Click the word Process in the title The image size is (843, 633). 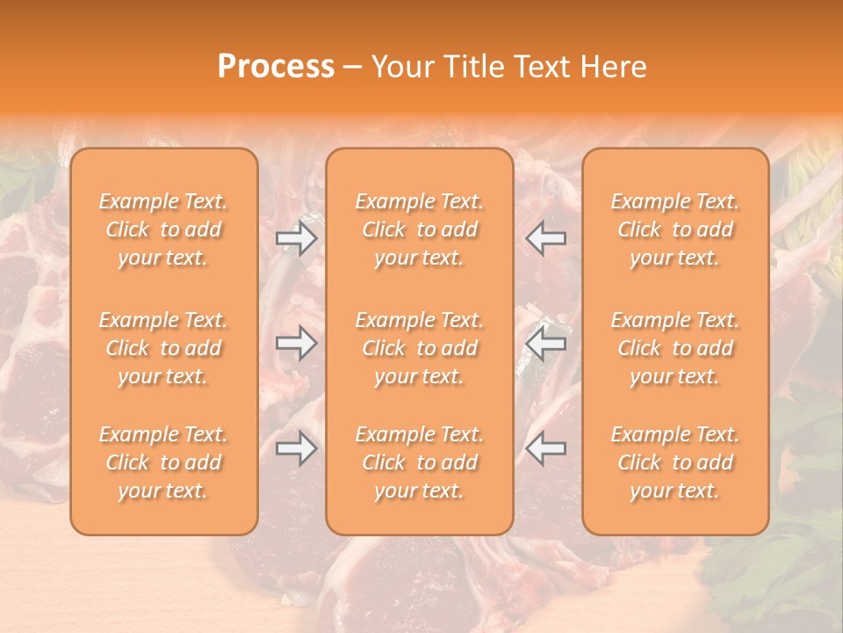[276, 67]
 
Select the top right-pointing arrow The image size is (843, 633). [297, 238]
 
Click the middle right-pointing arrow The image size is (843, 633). [297, 342]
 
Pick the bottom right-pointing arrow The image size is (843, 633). [297, 448]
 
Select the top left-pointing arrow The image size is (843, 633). [545, 238]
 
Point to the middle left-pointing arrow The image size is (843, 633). [545, 342]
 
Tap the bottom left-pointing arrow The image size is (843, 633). [545, 448]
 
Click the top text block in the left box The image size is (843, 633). [163, 229]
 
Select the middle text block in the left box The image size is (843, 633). [163, 348]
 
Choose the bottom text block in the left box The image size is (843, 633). [163, 462]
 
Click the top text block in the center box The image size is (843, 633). [420, 229]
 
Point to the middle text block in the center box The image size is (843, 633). [420, 348]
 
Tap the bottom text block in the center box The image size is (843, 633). [420, 462]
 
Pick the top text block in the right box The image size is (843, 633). [675, 229]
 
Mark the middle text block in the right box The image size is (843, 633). [675, 348]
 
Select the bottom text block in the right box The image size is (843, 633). [675, 462]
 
